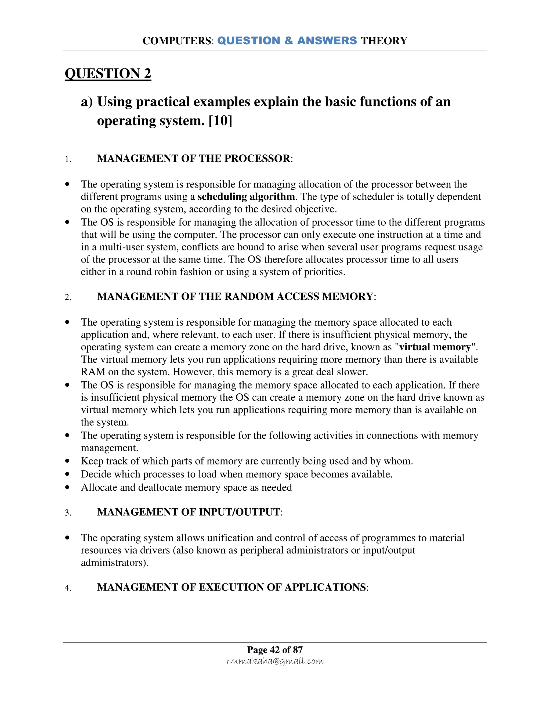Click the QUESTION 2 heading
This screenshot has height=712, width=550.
tap(108, 73)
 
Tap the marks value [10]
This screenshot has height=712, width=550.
tap(220, 121)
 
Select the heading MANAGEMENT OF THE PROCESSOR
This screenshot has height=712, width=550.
tap(194, 159)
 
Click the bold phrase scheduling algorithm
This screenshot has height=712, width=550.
tap(246, 197)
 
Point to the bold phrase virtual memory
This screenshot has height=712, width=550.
tap(435, 347)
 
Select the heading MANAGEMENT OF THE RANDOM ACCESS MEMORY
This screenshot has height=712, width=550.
tap(235, 296)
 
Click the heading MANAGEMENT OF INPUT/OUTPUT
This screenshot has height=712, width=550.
tap(189, 512)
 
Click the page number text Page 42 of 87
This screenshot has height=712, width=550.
tap(275, 649)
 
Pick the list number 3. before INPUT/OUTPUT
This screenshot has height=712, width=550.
tap(68, 513)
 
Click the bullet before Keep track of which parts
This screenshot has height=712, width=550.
tap(67, 461)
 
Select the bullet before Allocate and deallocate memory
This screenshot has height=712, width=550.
tap(67, 487)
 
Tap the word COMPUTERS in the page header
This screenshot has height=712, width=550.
tap(177, 41)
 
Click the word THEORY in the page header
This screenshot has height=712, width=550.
tap(384, 41)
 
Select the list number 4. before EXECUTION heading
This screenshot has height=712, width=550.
tap(68, 588)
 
